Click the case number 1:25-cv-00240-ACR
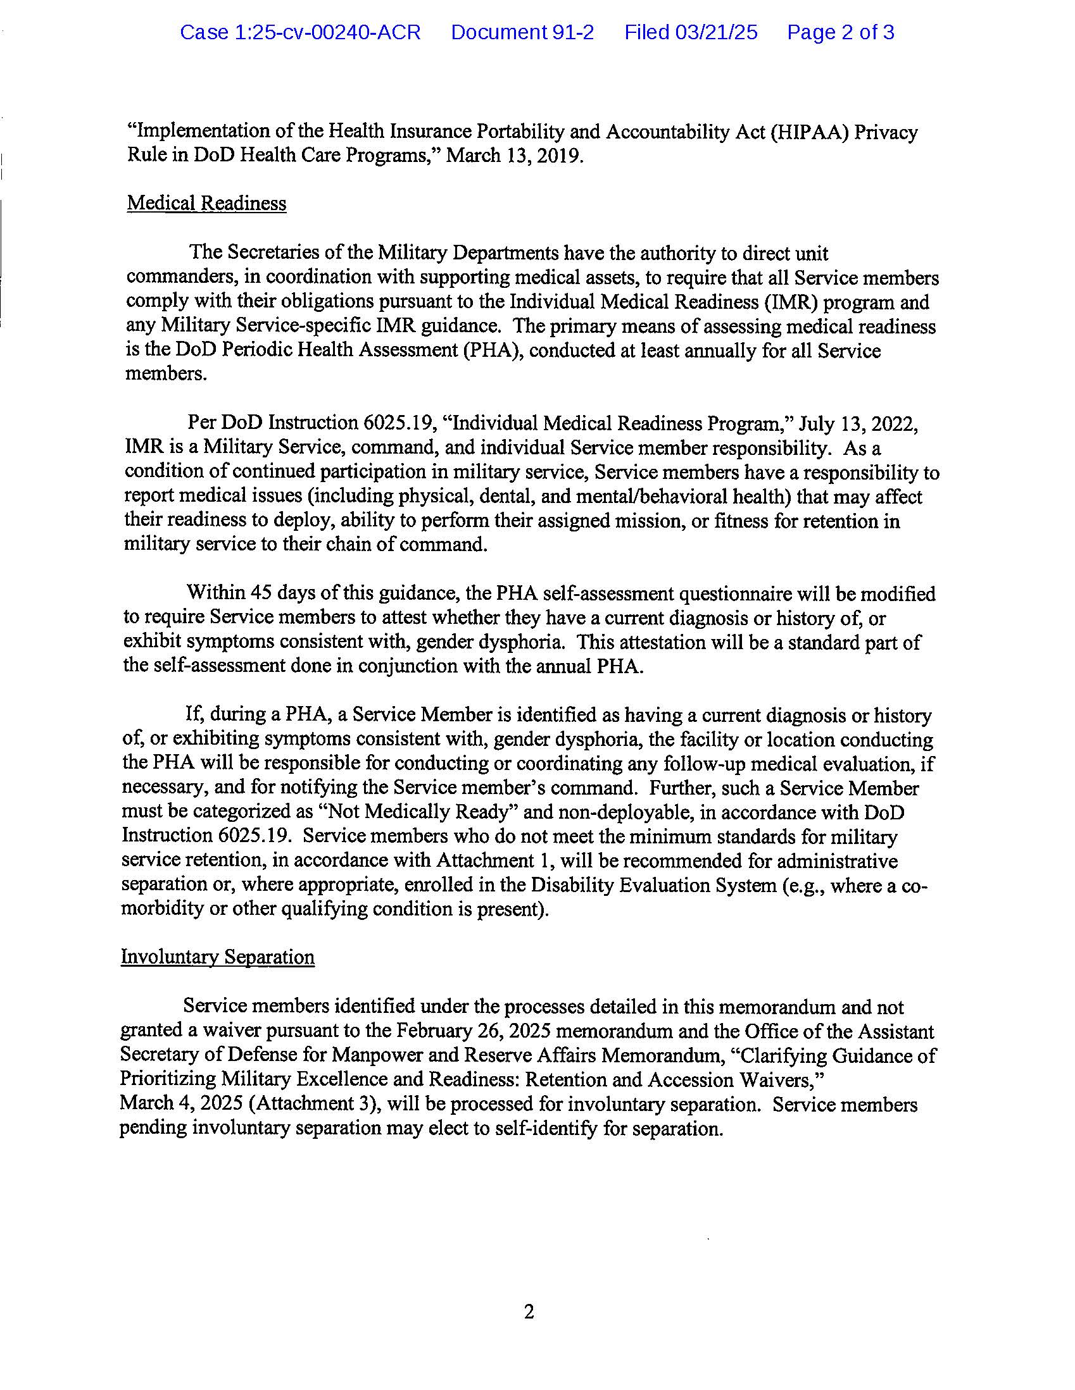tap(300, 32)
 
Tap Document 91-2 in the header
tap(522, 32)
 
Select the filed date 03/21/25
tap(691, 32)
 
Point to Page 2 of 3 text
tap(841, 32)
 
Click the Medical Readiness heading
tap(206, 203)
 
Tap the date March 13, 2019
tap(514, 156)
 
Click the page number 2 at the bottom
tap(529, 1312)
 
